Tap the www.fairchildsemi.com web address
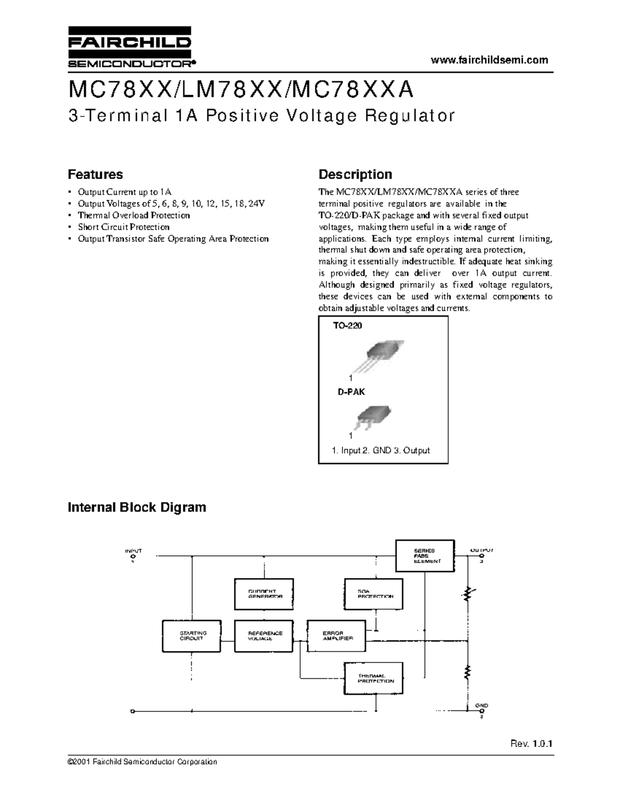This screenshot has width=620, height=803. [489, 60]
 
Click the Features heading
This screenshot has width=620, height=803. [96, 174]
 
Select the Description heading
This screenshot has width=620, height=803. [355, 174]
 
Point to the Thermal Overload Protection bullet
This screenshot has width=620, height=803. [134, 215]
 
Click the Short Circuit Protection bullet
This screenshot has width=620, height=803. [123, 227]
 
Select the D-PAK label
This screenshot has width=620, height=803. [351, 392]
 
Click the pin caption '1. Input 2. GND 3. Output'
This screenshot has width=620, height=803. [381, 450]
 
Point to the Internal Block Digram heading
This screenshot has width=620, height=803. [137, 507]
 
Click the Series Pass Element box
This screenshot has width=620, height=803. [425, 556]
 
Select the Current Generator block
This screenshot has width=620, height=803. [264, 594]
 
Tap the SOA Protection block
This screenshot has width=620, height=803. [374, 594]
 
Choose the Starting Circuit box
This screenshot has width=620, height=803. [192, 635]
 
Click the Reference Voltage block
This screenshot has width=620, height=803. [264, 635]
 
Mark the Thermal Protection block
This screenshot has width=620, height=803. [374, 678]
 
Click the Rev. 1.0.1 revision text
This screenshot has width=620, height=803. [532, 745]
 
